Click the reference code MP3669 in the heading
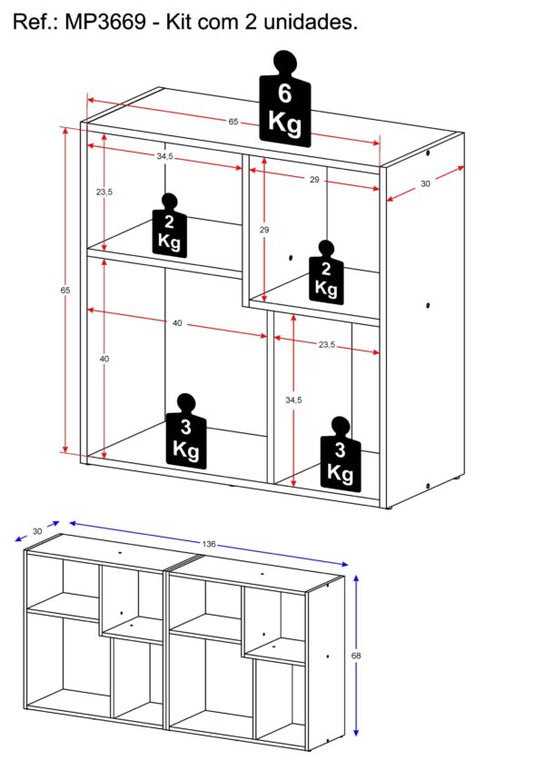click(105, 22)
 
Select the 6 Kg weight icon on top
click(285, 99)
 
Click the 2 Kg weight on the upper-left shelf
click(170, 225)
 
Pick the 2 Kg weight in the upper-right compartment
click(326, 272)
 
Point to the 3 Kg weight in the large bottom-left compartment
click(186, 430)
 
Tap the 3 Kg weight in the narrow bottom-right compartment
click(340, 454)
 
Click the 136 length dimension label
click(209, 544)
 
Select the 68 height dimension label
click(356, 655)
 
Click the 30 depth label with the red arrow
click(425, 183)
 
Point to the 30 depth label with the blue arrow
click(37, 531)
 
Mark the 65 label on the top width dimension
click(233, 122)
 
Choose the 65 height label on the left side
click(65, 291)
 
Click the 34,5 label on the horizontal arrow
click(165, 157)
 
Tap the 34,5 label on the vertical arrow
click(293, 400)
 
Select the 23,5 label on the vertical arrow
click(104, 192)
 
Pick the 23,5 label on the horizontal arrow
click(327, 345)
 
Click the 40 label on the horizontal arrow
click(177, 323)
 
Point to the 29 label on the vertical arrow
click(264, 230)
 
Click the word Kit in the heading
click(178, 22)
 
